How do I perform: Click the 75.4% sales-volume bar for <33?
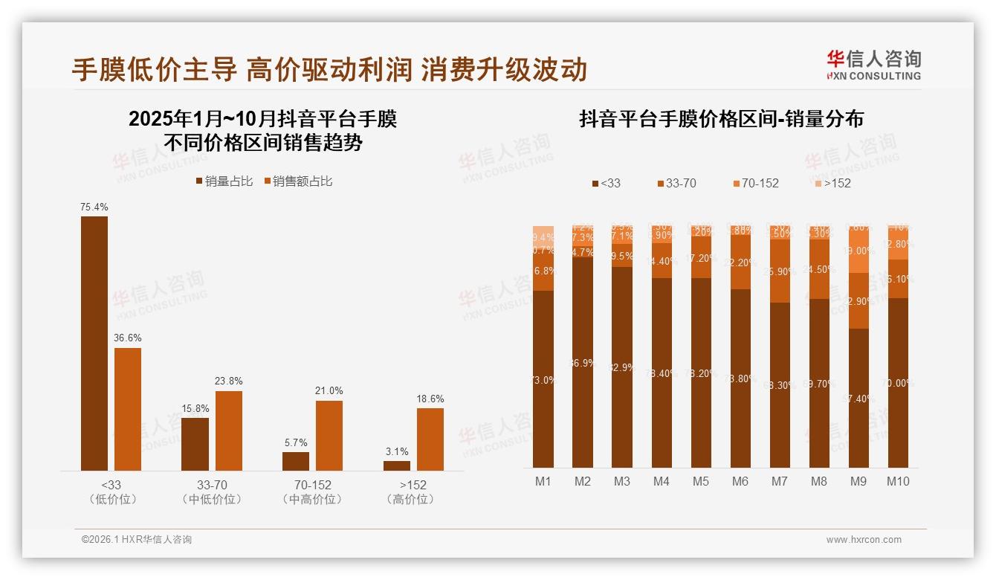tap(94, 343)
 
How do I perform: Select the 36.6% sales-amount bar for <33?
tap(128, 409)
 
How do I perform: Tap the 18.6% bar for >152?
tap(430, 439)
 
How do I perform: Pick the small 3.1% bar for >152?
tap(397, 465)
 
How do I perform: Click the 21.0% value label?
tap(329, 390)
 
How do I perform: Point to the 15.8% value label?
tap(195, 408)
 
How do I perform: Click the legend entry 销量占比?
tap(224, 181)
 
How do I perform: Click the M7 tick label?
tap(779, 481)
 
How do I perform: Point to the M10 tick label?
tap(898, 481)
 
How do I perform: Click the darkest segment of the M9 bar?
tap(858, 398)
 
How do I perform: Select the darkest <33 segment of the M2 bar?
tap(583, 362)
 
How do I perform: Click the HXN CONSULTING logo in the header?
tap(873, 65)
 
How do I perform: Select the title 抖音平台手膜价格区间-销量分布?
tap(721, 119)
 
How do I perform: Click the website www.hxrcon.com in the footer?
tap(864, 540)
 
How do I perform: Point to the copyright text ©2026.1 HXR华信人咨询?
tap(137, 540)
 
